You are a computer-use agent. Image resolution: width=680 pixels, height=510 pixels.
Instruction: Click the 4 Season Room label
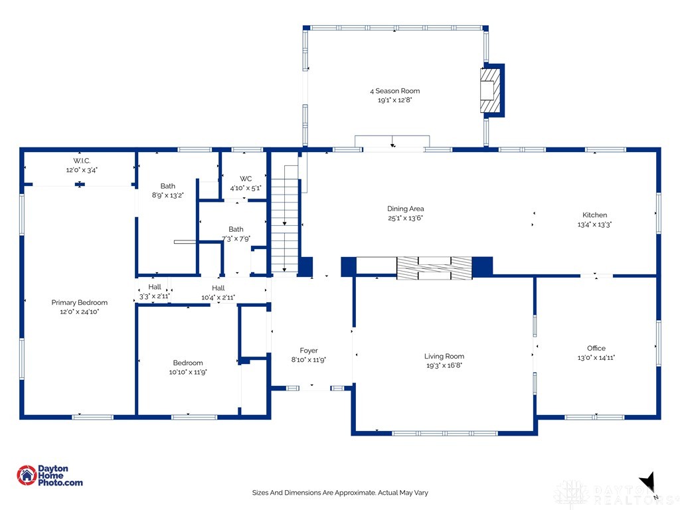[x=395, y=91]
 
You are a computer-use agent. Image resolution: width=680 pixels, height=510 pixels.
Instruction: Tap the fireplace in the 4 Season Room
[x=490, y=89]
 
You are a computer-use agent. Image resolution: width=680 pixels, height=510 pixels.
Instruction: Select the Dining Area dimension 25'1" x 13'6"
[x=405, y=218]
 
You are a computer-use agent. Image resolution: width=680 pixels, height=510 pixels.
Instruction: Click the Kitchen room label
[x=594, y=214]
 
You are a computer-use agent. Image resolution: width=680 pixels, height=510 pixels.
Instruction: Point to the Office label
[x=596, y=348]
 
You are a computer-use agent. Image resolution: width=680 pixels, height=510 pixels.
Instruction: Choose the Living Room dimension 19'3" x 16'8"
[x=445, y=365]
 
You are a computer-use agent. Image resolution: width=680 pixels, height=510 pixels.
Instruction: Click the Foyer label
[x=309, y=351]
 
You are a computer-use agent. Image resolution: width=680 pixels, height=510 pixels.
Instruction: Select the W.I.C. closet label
[x=82, y=161]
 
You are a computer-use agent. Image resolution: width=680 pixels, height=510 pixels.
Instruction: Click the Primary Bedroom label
[x=79, y=302]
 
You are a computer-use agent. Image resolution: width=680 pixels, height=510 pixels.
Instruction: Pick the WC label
[x=246, y=179]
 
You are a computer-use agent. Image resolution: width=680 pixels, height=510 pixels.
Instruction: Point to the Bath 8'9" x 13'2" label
[x=167, y=186]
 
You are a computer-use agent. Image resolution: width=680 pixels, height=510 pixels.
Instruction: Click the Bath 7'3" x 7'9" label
[x=236, y=229]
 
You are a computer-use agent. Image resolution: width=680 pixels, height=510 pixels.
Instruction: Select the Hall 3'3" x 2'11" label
[x=154, y=287]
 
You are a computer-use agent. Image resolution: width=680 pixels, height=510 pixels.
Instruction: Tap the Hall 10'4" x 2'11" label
[x=218, y=287]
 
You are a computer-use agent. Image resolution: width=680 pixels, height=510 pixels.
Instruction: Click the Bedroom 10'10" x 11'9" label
[x=188, y=363]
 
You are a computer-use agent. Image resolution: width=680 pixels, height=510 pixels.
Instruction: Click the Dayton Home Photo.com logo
[x=50, y=475]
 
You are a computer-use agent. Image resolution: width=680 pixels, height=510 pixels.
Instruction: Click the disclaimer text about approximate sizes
[x=339, y=493]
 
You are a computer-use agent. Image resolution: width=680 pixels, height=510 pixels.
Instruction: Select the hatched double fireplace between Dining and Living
[x=434, y=268]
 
